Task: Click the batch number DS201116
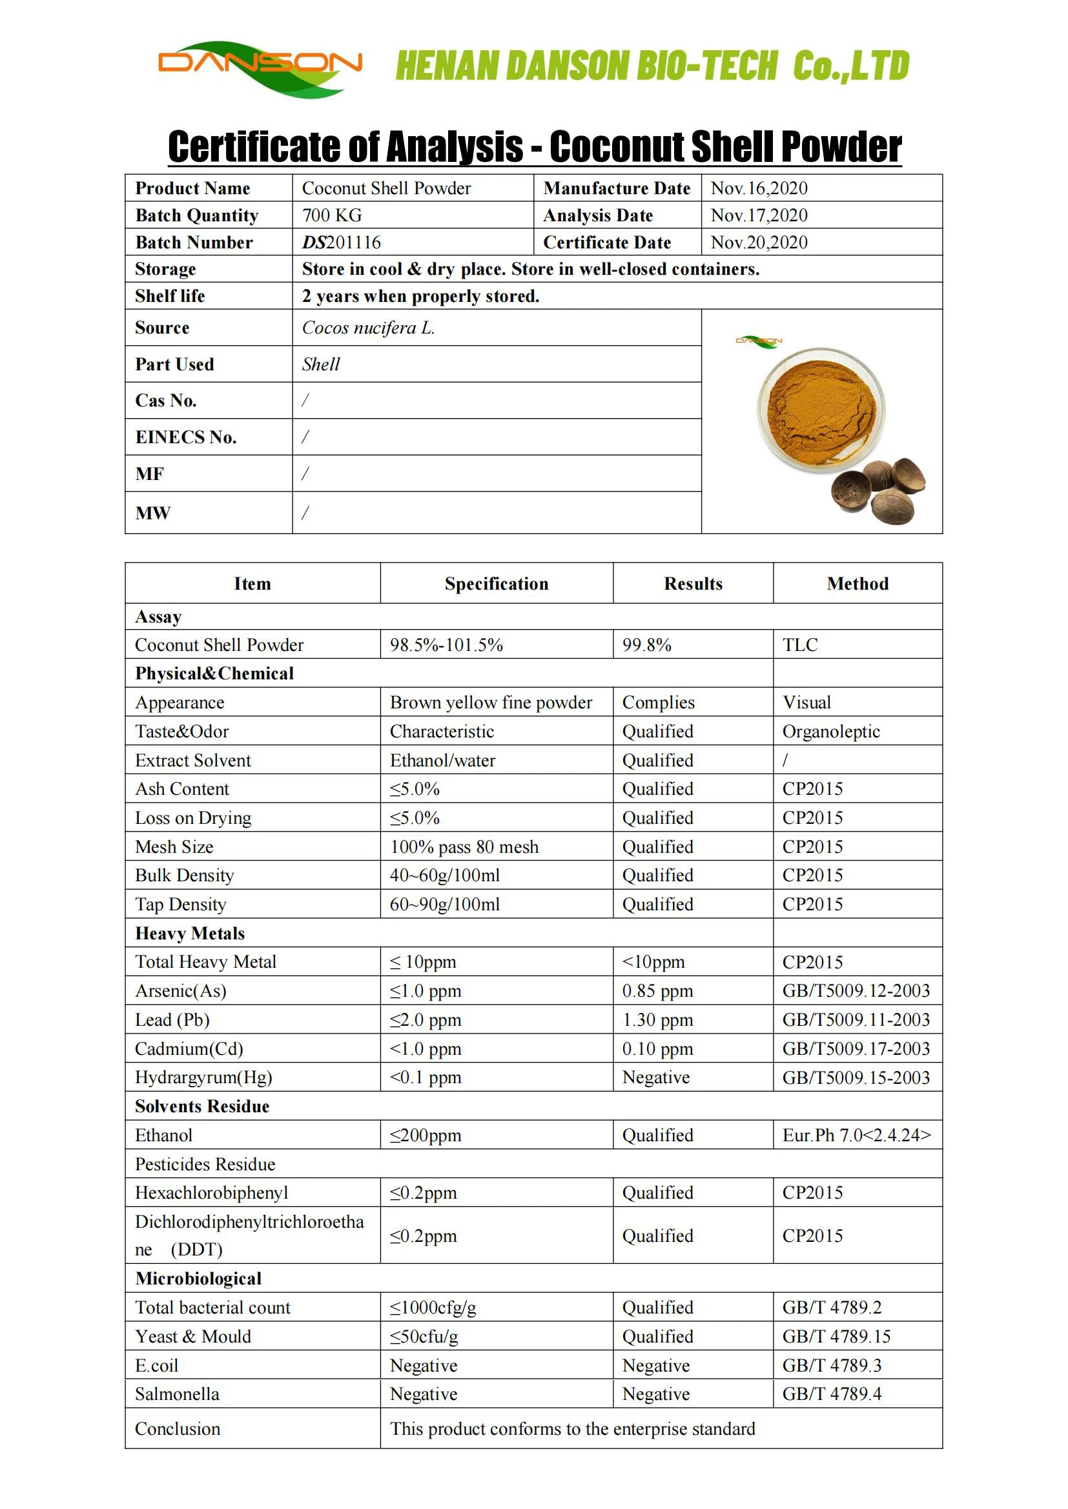pos(342,243)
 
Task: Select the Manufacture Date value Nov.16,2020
pos(759,188)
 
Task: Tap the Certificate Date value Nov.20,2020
pos(759,243)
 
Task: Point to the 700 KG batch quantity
pos(332,215)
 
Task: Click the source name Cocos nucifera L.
pos(368,328)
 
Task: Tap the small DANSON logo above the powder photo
pos(759,341)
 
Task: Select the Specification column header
pos(497,584)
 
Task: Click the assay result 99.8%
pos(647,645)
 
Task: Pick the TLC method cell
pos(800,645)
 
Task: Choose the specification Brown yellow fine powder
pos(491,703)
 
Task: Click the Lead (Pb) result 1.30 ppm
pos(657,1020)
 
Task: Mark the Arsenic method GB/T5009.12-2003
pos(856,991)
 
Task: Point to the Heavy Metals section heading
pos(190,934)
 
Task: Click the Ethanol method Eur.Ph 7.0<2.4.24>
pos(856,1135)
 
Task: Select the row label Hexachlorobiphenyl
pos(212,1193)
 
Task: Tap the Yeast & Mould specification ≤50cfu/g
pos(424,1337)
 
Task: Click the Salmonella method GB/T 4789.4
pos(832,1394)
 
